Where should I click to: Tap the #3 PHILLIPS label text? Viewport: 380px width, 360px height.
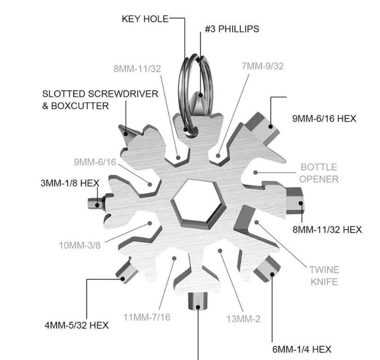pos(232,29)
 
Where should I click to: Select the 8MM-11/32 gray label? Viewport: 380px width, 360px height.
pos(137,69)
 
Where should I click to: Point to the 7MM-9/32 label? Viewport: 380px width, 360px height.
pos(262,66)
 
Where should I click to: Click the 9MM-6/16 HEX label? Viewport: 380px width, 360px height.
pos(324,118)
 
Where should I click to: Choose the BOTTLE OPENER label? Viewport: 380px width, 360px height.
pos(319,173)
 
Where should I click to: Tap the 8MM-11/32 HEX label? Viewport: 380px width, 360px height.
pos(327,229)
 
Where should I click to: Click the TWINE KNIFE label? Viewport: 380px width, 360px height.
pos(324,275)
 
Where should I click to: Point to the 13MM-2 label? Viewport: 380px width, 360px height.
pos(244,318)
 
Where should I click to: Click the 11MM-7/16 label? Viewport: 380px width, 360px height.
pos(147,317)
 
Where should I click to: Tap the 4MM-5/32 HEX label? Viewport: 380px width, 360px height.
pos(76,325)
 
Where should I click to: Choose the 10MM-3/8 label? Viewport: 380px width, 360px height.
pos(79,244)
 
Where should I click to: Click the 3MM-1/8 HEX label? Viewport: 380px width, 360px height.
pos(70,183)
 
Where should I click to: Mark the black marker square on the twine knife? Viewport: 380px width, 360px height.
pos(257,222)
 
